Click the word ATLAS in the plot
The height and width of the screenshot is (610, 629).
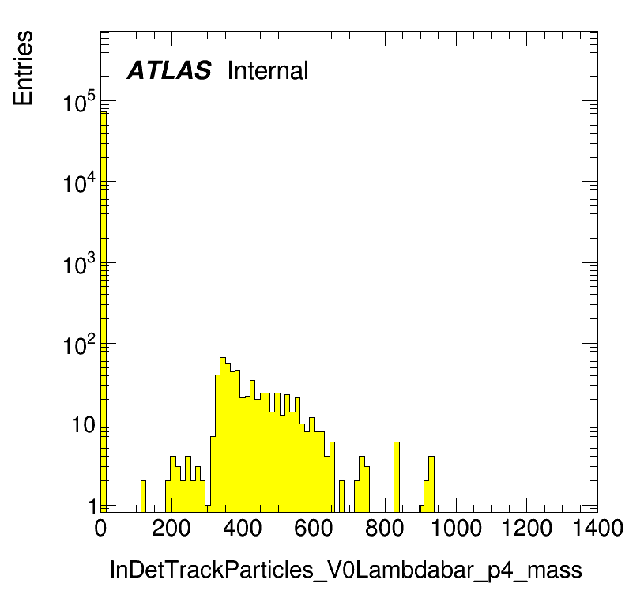(169, 70)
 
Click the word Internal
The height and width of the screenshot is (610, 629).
(268, 70)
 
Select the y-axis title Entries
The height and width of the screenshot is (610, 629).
(23, 68)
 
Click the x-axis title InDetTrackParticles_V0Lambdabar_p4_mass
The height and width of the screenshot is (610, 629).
(346, 570)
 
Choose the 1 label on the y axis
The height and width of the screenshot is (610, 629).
(92, 506)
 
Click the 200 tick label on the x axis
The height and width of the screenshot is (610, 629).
(171, 528)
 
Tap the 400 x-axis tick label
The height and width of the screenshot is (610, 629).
(243, 528)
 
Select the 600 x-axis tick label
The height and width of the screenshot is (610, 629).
(313, 528)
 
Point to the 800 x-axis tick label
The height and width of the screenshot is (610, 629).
(384, 528)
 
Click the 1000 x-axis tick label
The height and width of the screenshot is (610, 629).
(456, 528)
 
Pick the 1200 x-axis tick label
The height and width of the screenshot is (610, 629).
(527, 528)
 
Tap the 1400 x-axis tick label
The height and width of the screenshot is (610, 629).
(597, 528)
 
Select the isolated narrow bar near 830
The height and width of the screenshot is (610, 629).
(397, 477)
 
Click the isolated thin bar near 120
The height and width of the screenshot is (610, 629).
(143, 496)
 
